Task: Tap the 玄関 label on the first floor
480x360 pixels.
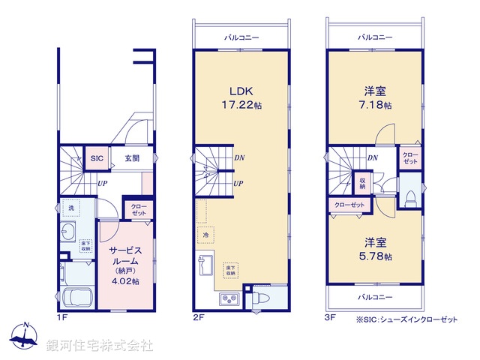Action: [x=132, y=158]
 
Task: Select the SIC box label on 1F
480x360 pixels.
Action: [x=97, y=158]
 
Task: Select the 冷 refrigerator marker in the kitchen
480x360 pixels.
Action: [x=203, y=234]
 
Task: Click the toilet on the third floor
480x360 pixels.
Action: [x=409, y=197]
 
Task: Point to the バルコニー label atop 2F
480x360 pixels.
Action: [x=241, y=37]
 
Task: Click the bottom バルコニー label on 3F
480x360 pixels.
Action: [x=374, y=297]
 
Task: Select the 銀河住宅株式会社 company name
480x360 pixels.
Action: [x=100, y=346]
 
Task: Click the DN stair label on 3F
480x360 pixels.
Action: [x=372, y=157]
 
